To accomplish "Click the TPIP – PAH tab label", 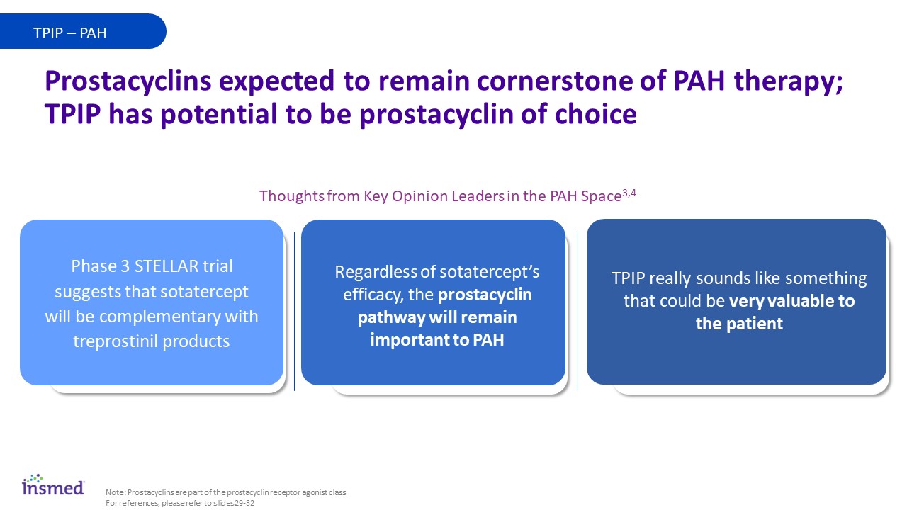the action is click(x=69, y=33).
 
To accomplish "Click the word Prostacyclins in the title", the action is click(x=128, y=81).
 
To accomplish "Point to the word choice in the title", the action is click(x=595, y=114).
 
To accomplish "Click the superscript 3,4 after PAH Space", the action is click(x=629, y=193).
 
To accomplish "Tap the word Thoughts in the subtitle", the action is click(x=291, y=196).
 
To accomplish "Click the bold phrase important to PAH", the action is click(x=437, y=340).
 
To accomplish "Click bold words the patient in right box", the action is click(x=739, y=324).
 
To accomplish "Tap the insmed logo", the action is click(x=53, y=484).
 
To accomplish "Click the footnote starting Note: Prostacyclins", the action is click(x=225, y=492).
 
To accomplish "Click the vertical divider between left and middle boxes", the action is click(x=294, y=311).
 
